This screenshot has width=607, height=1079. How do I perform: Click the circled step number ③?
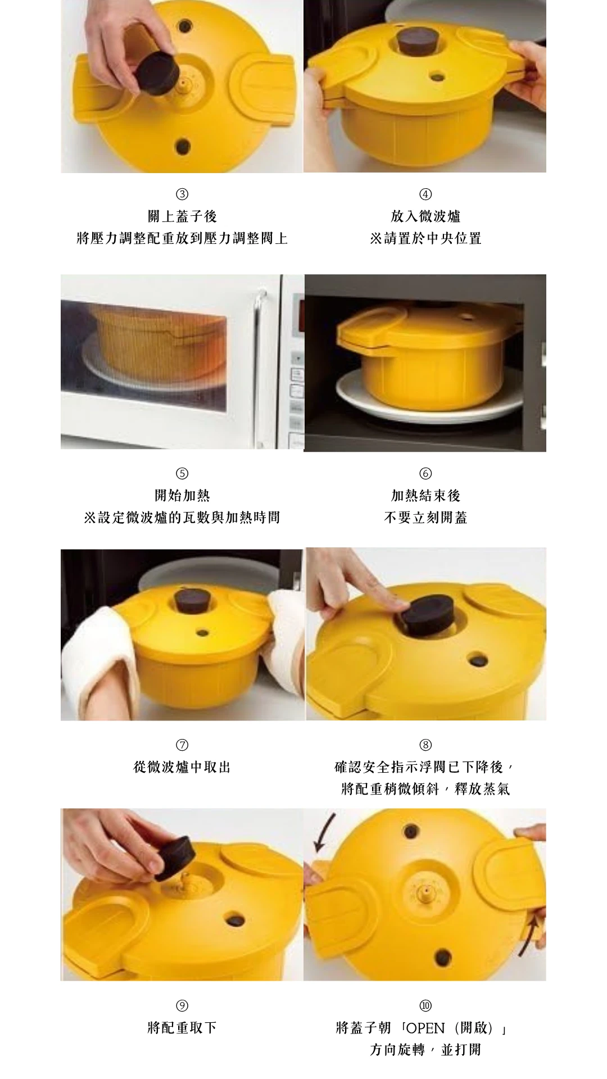click(x=182, y=194)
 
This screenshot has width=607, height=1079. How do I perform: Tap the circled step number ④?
click(x=425, y=194)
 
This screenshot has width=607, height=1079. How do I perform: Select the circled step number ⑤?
click(x=182, y=473)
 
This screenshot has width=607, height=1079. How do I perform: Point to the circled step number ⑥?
click(x=425, y=473)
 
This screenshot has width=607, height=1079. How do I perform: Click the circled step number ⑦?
click(x=182, y=745)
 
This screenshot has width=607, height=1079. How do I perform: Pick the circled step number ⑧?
click(x=425, y=745)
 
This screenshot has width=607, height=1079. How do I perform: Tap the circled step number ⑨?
click(x=182, y=1005)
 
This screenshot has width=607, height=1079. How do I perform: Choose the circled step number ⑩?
click(x=425, y=1005)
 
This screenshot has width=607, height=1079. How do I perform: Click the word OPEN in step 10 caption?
click(x=425, y=1028)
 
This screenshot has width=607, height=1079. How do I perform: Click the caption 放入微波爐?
click(x=425, y=216)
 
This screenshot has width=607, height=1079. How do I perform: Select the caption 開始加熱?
click(x=182, y=495)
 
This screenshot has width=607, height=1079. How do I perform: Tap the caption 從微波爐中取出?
click(x=182, y=767)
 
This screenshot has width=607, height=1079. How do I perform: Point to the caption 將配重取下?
click(x=182, y=1028)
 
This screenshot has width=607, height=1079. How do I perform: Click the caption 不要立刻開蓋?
click(x=425, y=518)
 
